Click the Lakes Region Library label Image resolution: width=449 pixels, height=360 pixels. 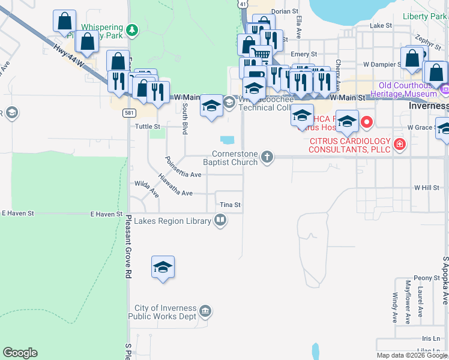click(172, 221)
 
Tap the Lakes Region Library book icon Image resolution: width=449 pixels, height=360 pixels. click(220, 221)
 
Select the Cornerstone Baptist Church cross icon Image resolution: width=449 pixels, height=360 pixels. click(268, 157)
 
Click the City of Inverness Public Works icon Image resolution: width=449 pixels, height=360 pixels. click(205, 310)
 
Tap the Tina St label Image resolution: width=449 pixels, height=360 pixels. click(230, 205)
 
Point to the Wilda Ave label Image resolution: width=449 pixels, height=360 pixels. click(146, 188)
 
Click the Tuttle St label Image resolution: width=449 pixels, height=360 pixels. click(148, 127)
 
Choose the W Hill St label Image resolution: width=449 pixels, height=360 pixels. click(427, 188)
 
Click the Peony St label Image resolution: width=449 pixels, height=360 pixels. click(427, 278)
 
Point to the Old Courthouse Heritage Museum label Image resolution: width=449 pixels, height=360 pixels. click(403, 89)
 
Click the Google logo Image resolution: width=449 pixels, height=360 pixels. click(20, 353)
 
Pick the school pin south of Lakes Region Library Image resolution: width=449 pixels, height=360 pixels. click(163, 268)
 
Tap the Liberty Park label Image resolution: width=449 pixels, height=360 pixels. click(425, 16)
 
